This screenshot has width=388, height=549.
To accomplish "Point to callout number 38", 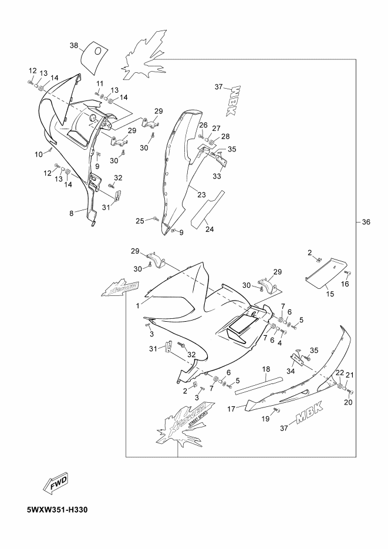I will coord(74,45).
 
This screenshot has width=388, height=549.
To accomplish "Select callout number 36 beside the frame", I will coord(366,222).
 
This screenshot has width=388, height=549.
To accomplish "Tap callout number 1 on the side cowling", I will coord(138,306).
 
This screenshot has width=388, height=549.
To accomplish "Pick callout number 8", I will coord(72,214).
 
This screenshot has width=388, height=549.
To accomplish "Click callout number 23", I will coord(201,194).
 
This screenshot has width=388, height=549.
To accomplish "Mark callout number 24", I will coord(210,230).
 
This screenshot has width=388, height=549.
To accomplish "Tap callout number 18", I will coord(266,369).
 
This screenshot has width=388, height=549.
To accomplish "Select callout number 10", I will coord(38,154).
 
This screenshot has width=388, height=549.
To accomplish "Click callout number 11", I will coord(100,83).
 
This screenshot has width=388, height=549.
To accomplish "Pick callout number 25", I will coord(140,221).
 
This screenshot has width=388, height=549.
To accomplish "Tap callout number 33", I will coord(217,176).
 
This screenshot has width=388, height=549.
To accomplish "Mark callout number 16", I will coord(345,284).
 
